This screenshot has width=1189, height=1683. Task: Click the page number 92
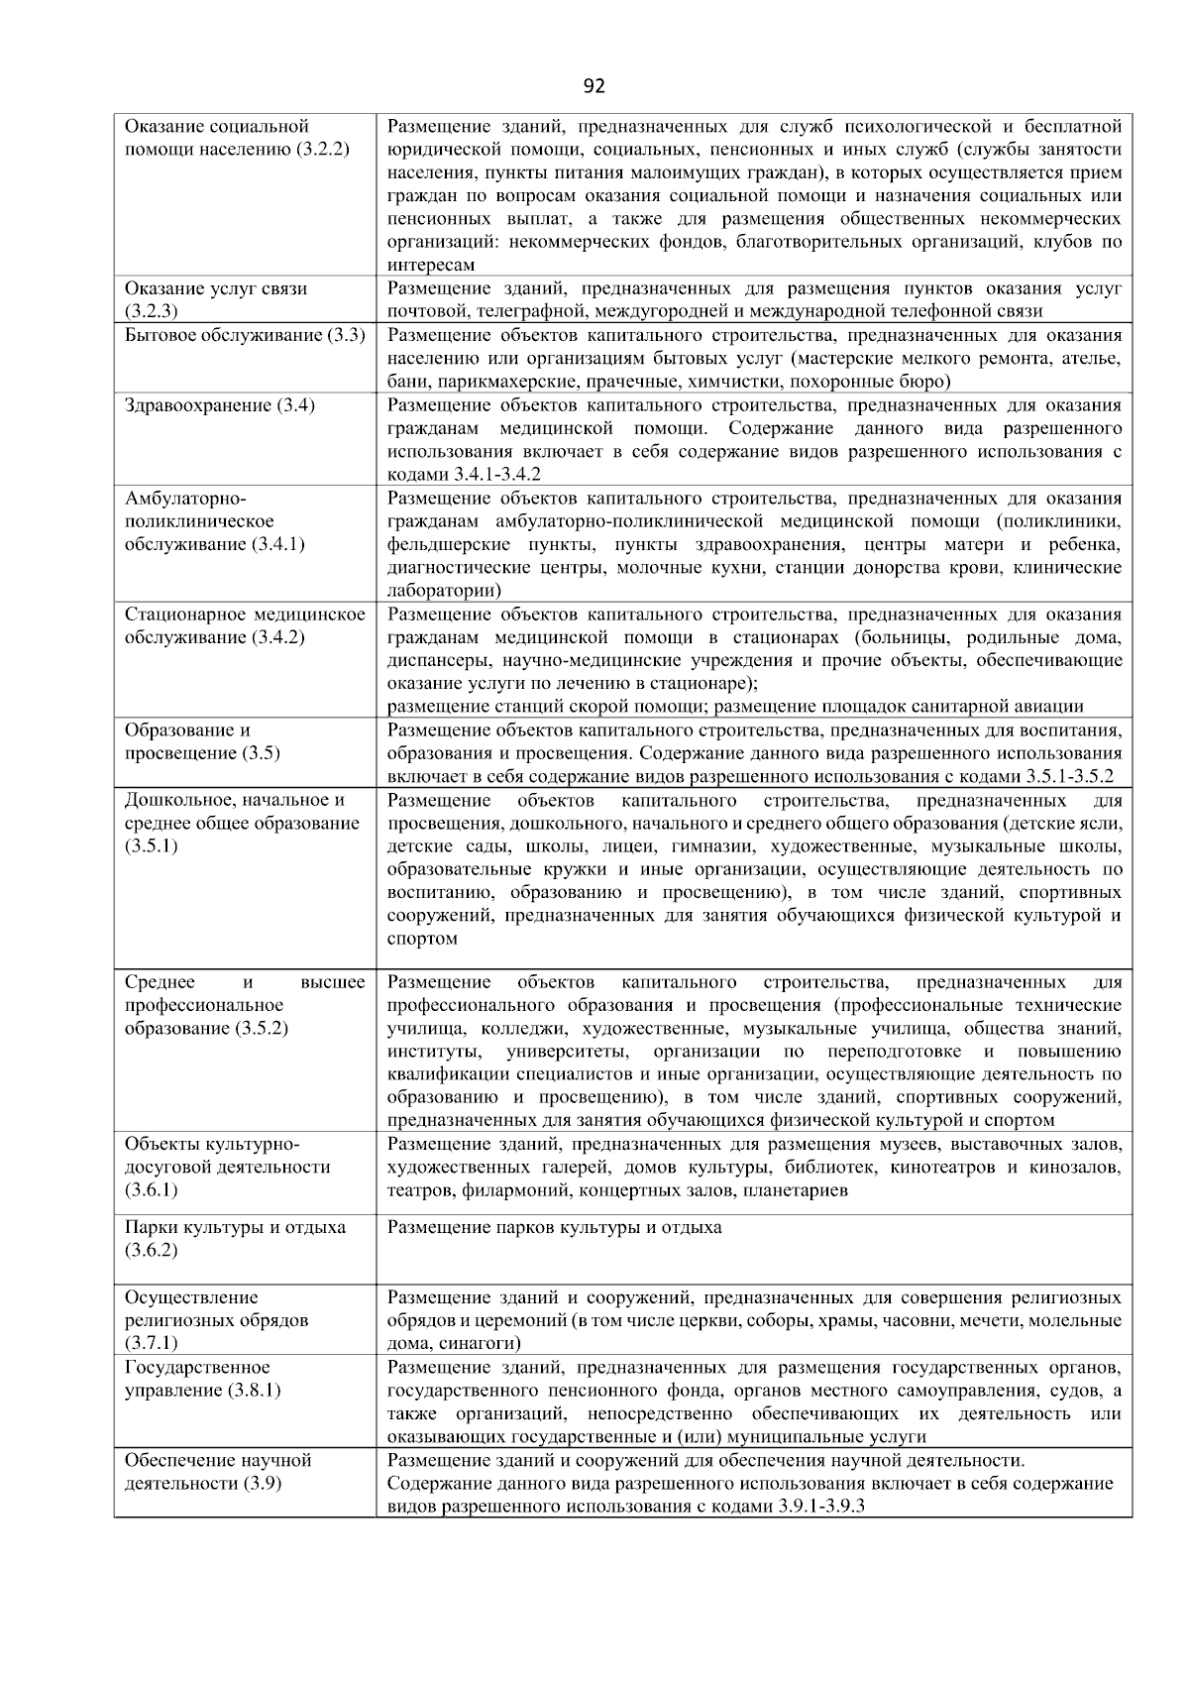point(594,86)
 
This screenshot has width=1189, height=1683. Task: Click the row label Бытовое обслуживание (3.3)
point(245,336)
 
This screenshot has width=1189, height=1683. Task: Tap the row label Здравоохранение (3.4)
point(220,405)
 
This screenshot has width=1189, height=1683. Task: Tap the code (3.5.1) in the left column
point(152,846)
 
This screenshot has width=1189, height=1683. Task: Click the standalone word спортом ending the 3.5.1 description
point(422,939)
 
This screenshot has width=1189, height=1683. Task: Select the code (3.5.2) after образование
point(262,1028)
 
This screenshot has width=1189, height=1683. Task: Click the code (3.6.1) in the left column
point(152,1190)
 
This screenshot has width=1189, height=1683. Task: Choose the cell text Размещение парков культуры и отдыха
point(554,1228)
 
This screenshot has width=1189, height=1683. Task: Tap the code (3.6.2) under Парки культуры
point(152,1250)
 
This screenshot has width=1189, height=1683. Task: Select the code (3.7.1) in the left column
point(152,1343)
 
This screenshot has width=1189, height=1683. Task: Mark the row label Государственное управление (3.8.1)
point(203,1379)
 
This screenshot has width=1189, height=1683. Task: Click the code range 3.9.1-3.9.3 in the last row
point(821,1507)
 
